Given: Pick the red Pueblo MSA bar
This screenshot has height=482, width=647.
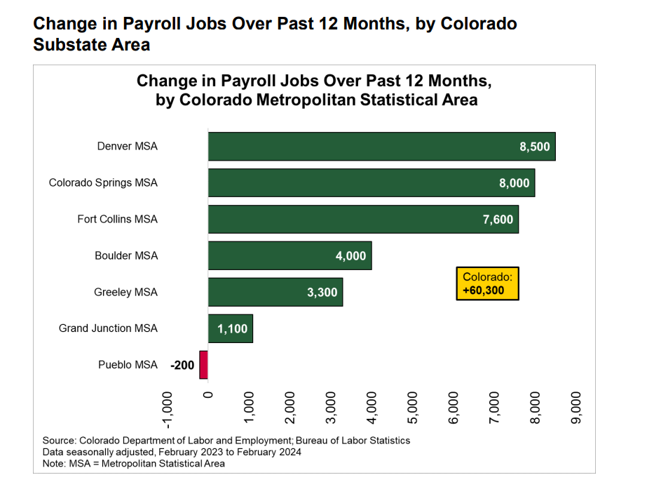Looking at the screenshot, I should point(204,365).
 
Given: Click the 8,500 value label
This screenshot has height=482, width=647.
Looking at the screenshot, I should point(535,147).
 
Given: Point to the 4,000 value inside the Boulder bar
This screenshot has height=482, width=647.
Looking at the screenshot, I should point(350,256).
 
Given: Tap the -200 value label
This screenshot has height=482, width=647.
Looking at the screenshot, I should point(182,365).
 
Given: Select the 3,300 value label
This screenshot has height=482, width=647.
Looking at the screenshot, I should point(322,293).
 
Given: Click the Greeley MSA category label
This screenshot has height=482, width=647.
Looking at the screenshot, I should point(125,292).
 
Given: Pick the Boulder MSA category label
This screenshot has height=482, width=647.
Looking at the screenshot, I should point(126,255).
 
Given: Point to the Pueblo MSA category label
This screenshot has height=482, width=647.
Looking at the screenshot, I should point(128,365).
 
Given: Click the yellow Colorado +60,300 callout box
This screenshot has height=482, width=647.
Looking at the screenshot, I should point(487,283).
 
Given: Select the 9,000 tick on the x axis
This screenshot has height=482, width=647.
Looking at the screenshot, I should point(576,407).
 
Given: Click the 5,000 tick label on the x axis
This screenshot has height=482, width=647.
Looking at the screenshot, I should point(413,407).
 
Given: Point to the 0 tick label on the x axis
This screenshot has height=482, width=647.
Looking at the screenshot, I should point(208,394).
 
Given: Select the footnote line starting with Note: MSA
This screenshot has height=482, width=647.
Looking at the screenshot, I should point(133,463).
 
